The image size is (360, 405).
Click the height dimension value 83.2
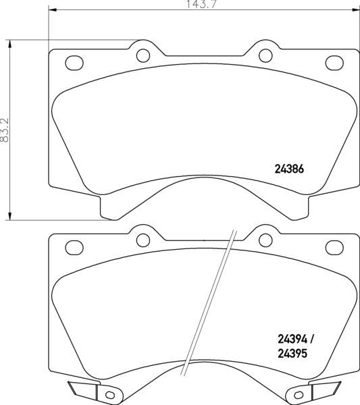point(5,129)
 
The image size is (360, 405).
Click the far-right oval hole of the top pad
point(334,63)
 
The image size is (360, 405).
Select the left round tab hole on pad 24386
point(143,55)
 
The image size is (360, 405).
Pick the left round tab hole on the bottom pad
point(143,239)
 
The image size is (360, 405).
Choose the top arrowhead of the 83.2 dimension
point(10,43)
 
